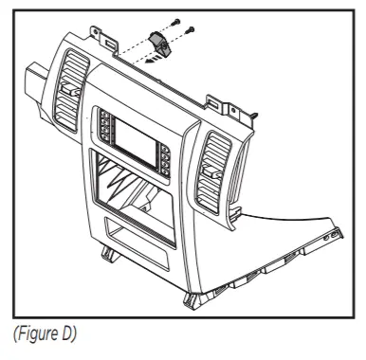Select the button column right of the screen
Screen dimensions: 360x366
point(166,162)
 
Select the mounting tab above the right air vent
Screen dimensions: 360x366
point(217,100)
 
